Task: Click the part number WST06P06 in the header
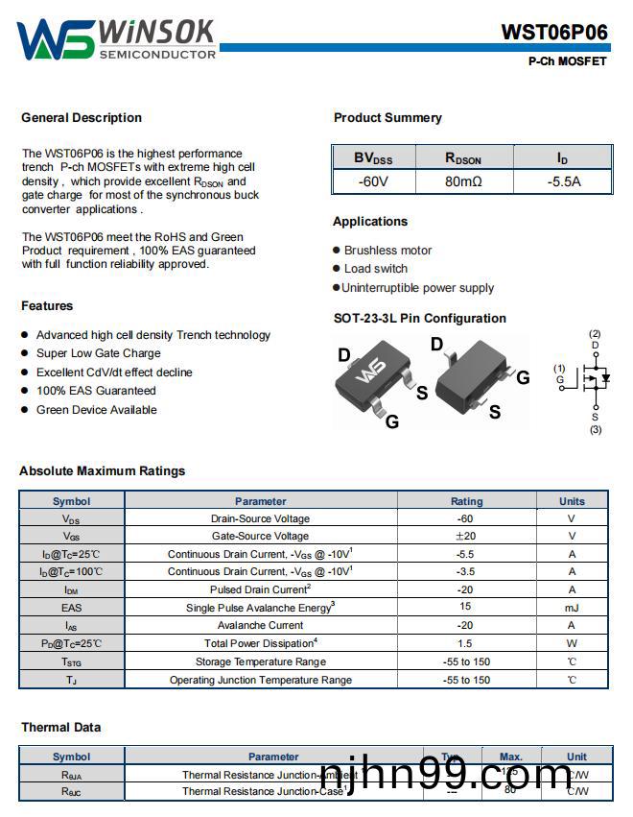pyautogui.click(x=553, y=32)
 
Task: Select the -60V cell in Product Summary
pyautogui.click(x=373, y=180)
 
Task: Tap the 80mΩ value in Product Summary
pyautogui.click(x=463, y=180)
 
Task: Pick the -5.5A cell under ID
pyautogui.click(x=564, y=180)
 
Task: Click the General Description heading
pyautogui.click(x=82, y=118)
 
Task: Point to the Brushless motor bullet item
pyautogui.click(x=387, y=251)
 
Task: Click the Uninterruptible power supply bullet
pyautogui.click(x=417, y=288)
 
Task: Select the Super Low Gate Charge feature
pyautogui.click(x=98, y=353)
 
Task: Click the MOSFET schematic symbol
pyautogui.click(x=596, y=378)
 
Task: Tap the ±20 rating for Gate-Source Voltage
pyautogui.click(x=466, y=537)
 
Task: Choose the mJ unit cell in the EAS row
pyautogui.click(x=572, y=608)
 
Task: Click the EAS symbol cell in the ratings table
pyautogui.click(x=72, y=608)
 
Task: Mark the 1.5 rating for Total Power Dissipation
pyautogui.click(x=466, y=643)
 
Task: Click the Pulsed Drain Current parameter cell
pyautogui.click(x=260, y=589)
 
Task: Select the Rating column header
pyautogui.click(x=466, y=501)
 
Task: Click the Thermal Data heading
pyautogui.click(x=60, y=728)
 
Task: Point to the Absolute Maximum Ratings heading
pyautogui.click(x=103, y=471)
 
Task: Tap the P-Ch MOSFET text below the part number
pyautogui.click(x=567, y=61)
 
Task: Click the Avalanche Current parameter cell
pyautogui.click(x=260, y=625)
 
